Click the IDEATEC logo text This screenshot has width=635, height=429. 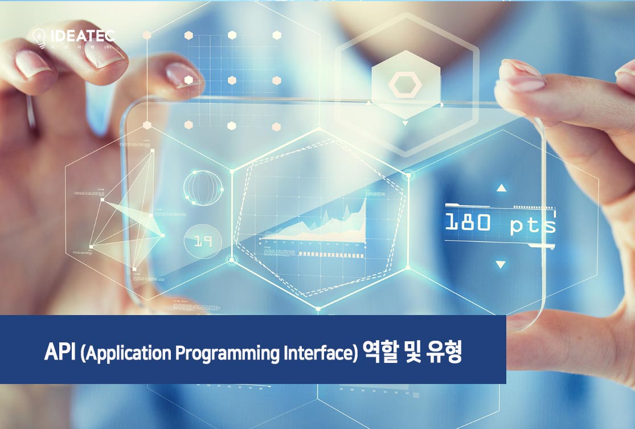pyautogui.click(x=83, y=35)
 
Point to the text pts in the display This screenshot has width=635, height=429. pyautogui.click(x=532, y=224)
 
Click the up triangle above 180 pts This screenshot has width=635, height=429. pyautogui.click(x=501, y=187)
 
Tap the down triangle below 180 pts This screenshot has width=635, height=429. pyautogui.click(x=501, y=264)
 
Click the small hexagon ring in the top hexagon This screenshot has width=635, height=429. pyautogui.click(x=405, y=85)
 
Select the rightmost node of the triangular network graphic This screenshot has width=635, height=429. pyautogui.click(x=162, y=235)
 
